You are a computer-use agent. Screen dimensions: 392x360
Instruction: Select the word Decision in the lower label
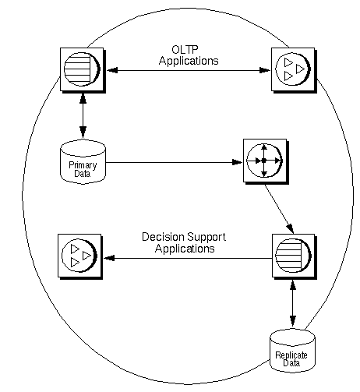click(x=161, y=237)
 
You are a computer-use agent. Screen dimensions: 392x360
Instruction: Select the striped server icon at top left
click(x=82, y=69)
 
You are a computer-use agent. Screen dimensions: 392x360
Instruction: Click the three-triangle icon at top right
click(x=291, y=69)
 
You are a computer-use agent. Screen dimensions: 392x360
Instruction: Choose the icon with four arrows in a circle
click(x=263, y=160)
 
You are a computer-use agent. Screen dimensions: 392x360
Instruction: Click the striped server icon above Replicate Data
click(x=291, y=255)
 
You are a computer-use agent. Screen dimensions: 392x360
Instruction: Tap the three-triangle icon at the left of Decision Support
click(x=81, y=255)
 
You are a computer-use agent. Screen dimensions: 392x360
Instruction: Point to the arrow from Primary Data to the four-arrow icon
click(x=171, y=163)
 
